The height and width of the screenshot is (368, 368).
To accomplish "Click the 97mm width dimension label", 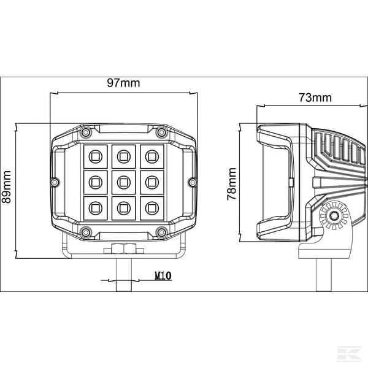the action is pos(123,83).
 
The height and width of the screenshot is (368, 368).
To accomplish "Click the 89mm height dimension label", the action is pos(6,187).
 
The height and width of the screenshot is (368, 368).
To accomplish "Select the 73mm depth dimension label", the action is pos(315,98).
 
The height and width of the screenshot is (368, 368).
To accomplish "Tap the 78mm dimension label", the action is pos(232,184).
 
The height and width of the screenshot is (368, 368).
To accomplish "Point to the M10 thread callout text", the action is pos(163,275).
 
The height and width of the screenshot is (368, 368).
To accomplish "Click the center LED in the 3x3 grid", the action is pos(124,182).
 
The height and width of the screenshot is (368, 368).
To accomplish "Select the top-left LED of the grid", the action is pos(96,156).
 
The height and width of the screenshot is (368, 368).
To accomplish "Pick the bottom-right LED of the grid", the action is pos(152,208).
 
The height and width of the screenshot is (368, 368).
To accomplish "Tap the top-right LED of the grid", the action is pos(152,156).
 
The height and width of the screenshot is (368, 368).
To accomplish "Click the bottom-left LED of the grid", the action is pos(96,208).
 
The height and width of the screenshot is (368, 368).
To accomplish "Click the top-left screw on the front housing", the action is pos(86,132).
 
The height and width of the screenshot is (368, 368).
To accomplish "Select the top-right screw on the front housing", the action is pos(161,132).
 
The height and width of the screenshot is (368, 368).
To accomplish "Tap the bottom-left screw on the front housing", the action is pos(86,232).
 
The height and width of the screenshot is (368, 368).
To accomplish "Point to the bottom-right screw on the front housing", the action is pos(161,232).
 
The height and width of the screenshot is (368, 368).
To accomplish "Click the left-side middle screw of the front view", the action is pos(55,182).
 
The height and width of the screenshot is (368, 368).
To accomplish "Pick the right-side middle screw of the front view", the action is pos(193,182).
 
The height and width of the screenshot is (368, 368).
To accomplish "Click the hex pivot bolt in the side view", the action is pos(333,216).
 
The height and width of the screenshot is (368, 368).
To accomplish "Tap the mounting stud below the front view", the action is pos(124,275).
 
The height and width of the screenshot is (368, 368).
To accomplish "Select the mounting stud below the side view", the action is pos(324,275).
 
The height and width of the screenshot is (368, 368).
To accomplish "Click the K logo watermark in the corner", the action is pos(349,353).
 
